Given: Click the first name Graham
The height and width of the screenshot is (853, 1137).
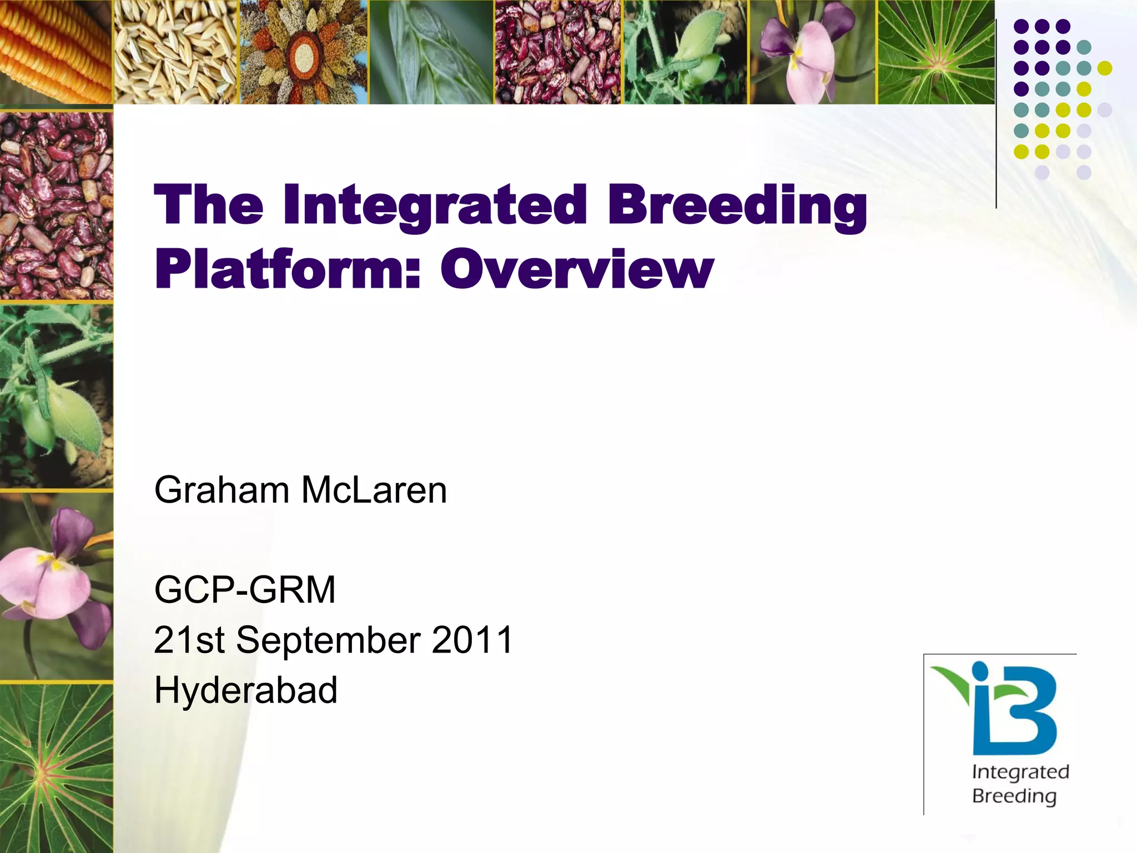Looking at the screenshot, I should click(x=222, y=490).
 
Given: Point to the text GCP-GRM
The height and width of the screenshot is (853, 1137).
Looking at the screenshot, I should click(x=245, y=590).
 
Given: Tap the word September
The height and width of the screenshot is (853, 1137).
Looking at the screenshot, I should click(x=328, y=640).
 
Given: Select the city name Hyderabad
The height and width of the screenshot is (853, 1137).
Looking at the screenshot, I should click(x=246, y=690).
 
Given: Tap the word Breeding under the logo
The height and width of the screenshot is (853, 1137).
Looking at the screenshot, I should click(x=1014, y=796).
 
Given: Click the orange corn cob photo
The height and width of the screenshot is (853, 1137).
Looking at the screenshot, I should click(x=56, y=52).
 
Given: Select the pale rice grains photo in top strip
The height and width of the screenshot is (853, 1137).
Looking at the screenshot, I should click(x=175, y=52).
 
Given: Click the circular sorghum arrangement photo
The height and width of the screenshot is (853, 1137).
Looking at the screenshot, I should click(x=303, y=52).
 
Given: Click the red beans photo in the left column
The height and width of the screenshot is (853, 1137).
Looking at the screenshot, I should click(x=56, y=205).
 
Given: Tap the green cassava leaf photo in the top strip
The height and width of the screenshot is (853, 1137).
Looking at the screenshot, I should click(x=936, y=52).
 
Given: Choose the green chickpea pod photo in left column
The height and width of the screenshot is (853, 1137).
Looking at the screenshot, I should click(x=56, y=395).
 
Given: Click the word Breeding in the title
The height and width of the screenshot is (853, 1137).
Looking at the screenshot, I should click(x=737, y=206).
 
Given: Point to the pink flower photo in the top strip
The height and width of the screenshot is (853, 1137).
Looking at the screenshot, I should click(x=812, y=52).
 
